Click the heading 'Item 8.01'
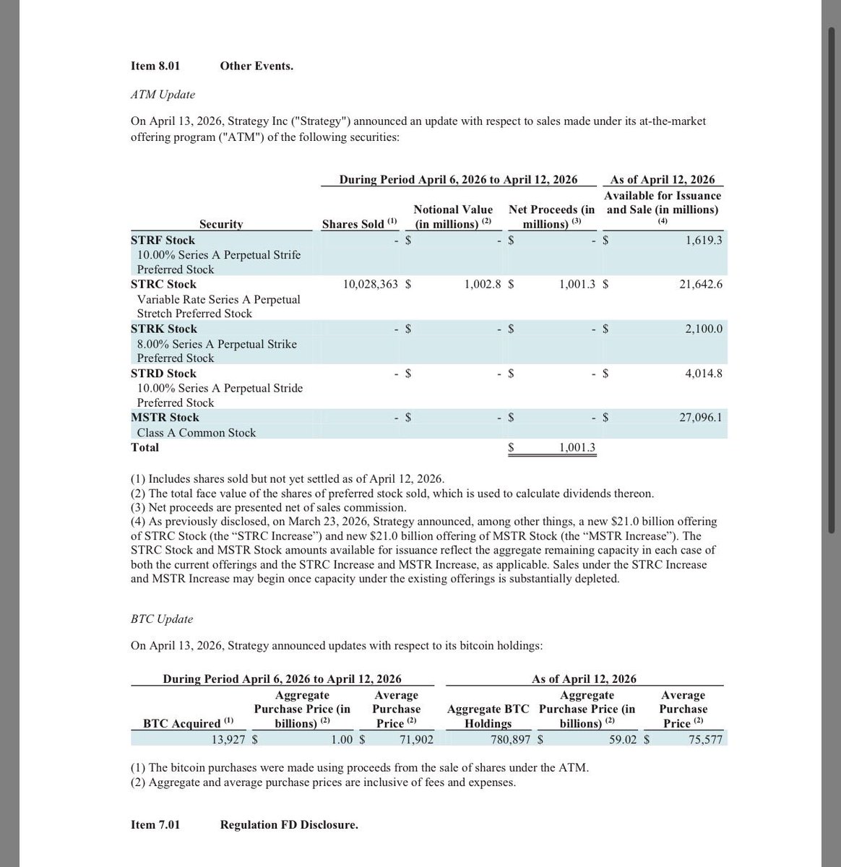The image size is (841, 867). (x=155, y=66)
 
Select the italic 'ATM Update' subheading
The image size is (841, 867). (x=163, y=95)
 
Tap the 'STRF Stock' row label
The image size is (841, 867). (x=163, y=240)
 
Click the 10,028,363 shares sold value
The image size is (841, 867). (x=371, y=285)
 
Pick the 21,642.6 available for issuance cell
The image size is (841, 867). (x=700, y=285)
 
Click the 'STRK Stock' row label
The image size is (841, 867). (x=163, y=329)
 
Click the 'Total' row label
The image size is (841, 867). (x=145, y=447)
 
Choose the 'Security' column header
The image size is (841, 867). (x=221, y=224)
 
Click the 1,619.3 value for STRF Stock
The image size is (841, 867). (x=703, y=240)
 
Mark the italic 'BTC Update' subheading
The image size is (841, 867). (x=162, y=619)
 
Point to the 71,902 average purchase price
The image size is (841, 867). (x=416, y=739)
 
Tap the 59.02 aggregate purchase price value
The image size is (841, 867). (x=622, y=739)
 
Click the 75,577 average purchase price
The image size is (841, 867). (x=704, y=739)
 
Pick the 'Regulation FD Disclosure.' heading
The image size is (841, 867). (x=289, y=824)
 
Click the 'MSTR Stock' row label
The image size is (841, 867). (x=165, y=418)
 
